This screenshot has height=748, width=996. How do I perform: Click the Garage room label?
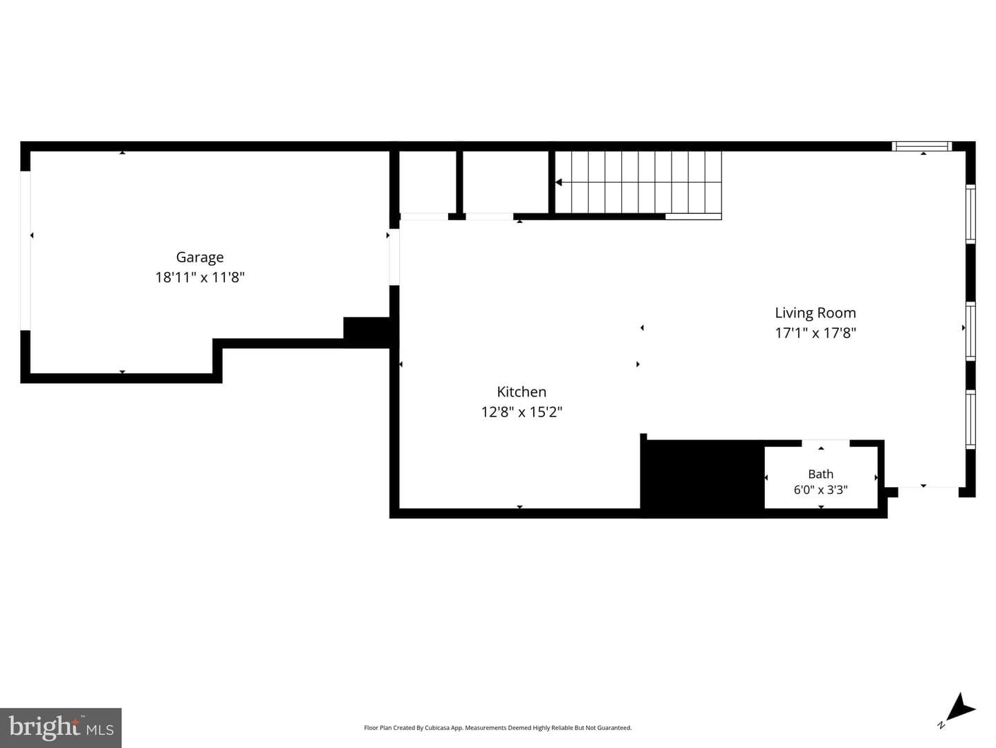tap(200, 257)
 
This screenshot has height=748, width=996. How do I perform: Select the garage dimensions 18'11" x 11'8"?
tap(200, 277)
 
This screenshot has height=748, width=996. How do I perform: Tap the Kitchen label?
tap(522, 392)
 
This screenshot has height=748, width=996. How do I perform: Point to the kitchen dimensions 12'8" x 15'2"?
tap(522, 412)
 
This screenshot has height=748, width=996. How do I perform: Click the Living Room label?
tap(815, 313)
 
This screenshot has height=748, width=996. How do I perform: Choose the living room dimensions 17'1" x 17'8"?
tap(815, 333)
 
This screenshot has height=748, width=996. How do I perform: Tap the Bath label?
tap(820, 474)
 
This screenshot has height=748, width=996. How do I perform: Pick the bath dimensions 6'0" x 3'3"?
tap(820, 490)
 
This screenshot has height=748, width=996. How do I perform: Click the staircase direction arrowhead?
tap(559, 183)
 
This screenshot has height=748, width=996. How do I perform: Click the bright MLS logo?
tap(61, 727)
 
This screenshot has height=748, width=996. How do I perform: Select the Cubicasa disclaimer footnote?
tap(497, 727)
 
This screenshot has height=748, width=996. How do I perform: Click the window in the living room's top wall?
tap(921, 146)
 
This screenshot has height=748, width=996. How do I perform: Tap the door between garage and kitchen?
tap(394, 257)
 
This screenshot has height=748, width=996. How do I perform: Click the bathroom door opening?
tap(825, 443)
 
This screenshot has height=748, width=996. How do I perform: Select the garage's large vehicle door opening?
tap(26, 250)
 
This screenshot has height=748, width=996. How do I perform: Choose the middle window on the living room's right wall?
tap(970, 331)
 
